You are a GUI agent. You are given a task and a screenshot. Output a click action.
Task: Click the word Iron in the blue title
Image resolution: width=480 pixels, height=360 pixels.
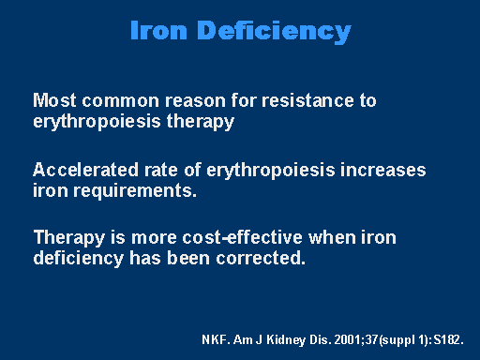[x=158, y=30]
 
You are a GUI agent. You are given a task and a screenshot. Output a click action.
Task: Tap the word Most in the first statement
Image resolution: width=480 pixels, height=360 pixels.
[x=54, y=100]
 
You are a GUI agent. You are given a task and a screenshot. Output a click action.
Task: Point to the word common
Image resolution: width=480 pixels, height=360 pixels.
[x=121, y=101]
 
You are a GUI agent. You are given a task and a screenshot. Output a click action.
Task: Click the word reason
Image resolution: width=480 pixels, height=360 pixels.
[x=195, y=101]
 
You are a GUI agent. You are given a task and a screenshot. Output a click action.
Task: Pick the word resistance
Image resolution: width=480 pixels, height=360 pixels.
[x=307, y=100]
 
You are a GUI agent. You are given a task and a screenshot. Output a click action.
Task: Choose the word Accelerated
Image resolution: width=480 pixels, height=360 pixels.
[x=85, y=170]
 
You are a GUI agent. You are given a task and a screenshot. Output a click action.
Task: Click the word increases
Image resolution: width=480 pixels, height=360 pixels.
[x=383, y=171]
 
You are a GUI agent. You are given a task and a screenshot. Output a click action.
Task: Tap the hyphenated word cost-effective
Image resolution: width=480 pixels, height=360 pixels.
[x=243, y=237]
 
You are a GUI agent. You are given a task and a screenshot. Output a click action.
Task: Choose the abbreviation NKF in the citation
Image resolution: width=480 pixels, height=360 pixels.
[x=213, y=339]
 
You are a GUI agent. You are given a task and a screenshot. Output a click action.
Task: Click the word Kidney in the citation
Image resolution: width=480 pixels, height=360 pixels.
[x=286, y=340]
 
